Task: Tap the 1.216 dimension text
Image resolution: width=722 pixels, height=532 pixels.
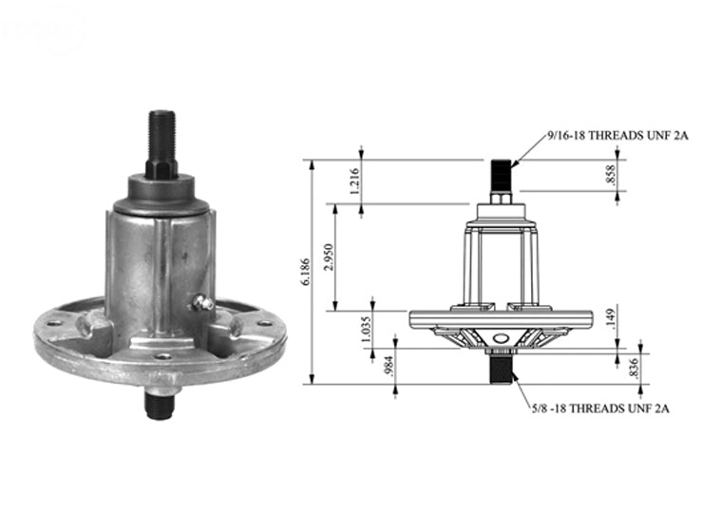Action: click(x=354, y=181)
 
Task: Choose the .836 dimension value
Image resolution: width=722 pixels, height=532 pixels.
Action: click(x=635, y=370)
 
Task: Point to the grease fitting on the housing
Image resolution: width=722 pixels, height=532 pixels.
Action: click(x=199, y=303)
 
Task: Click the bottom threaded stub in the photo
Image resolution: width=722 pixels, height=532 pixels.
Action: click(x=158, y=403)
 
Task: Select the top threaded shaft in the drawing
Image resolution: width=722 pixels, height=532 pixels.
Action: click(x=501, y=176)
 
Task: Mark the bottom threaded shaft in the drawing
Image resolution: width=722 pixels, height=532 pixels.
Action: click(x=500, y=367)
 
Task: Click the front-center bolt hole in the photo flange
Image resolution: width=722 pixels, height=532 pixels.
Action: click(x=162, y=356)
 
